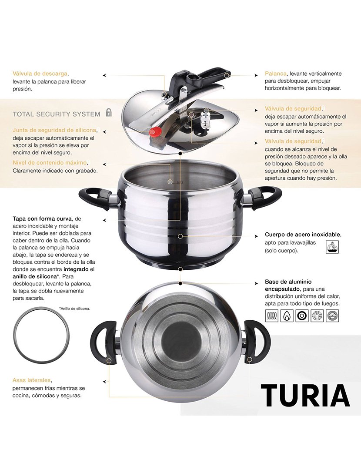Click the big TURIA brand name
point(305,395)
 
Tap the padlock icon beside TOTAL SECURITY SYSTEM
point(109,113)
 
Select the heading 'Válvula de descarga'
point(40,74)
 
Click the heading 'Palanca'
point(276,74)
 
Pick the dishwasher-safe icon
point(332,246)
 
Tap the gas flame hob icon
point(287,315)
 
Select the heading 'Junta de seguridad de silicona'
point(54,130)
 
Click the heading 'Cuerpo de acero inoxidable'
point(303,234)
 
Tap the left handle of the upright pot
point(93,198)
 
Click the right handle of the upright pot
point(266,198)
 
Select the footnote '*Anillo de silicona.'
point(74,308)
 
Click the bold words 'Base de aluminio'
point(288,282)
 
